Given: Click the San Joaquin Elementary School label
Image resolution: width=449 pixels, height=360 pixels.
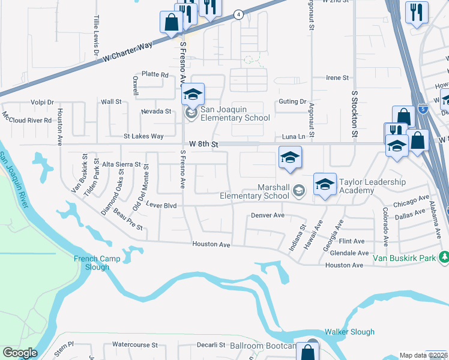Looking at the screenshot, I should tap(235, 113).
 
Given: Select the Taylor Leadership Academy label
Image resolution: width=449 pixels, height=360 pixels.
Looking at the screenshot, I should tap(372, 186).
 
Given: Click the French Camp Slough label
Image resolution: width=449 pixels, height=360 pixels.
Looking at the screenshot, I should tap(92, 263).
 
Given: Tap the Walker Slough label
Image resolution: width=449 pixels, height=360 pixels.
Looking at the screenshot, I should tap(349, 332).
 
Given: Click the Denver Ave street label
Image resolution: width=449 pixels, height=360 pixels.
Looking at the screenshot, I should tap(267, 215).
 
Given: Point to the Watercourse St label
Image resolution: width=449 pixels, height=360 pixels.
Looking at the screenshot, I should tap(135, 345).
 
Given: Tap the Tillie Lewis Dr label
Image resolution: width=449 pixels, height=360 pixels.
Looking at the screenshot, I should tap(95, 36).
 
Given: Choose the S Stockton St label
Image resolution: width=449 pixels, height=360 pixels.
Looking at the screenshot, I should tap(355, 113).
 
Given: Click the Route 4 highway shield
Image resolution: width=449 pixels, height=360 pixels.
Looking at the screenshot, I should tap(238, 14).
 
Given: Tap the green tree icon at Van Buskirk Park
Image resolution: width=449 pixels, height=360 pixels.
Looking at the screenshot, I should tap(444, 257).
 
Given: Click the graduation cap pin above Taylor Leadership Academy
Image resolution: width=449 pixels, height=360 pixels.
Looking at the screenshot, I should tap(325, 184).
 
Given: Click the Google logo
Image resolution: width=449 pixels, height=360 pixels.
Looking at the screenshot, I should tap(20, 353).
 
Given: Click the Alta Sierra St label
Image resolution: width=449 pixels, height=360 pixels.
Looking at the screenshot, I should tap(121, 164).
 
